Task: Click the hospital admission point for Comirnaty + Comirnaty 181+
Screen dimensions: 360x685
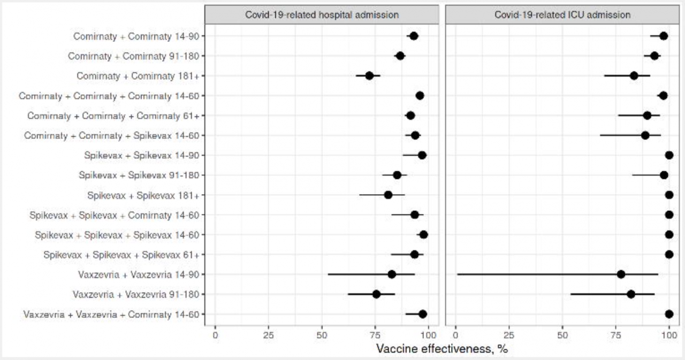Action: pos(369,75)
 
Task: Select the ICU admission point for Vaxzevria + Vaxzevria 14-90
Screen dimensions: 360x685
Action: pos(621,274)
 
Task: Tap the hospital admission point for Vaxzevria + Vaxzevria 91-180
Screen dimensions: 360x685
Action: pos(376,294)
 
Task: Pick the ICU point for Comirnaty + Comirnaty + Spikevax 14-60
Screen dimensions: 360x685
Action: pos(645,135)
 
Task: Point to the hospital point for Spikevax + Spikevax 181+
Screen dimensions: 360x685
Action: pos(388,195)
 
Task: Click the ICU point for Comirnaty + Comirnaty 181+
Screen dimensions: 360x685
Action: pos(634,75)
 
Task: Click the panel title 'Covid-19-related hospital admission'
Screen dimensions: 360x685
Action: pos(322,14)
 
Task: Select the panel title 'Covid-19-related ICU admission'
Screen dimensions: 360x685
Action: pos(562,14)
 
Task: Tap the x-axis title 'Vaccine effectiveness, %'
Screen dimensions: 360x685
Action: pos(442,349)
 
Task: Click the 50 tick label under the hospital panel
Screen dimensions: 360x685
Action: pos(322,335)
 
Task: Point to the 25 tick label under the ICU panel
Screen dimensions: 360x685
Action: pos(508,335)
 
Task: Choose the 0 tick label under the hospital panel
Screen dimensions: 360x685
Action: pos(215,335)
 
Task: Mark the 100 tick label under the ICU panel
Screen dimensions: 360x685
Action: pos(669,335)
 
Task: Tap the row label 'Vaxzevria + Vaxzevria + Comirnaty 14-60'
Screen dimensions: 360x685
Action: pos(111,315)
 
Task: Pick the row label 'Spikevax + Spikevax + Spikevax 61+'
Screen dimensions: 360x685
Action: pos(121,255)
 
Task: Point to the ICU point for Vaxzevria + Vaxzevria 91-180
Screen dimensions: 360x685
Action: pos(631,294)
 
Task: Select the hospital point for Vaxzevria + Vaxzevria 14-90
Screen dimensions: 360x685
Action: pos(392,274)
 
